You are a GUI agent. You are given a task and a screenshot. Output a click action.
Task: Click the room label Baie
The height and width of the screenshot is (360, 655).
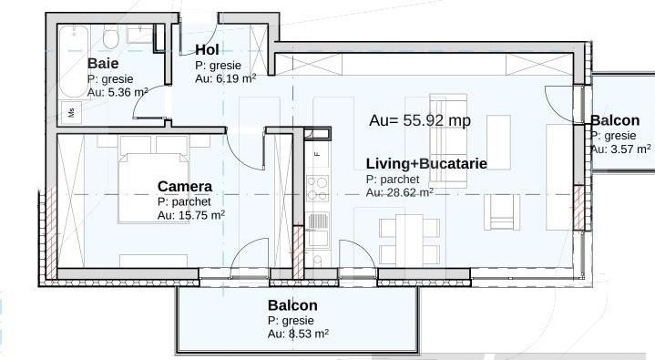pos(103,64)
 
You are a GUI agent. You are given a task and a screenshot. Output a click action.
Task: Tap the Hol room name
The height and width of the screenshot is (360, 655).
pos(207,50)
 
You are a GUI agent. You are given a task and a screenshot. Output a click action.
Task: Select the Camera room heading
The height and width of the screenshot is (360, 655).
pos(185,187)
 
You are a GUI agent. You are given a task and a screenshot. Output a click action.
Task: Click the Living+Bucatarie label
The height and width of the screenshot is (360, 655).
pos(426,163)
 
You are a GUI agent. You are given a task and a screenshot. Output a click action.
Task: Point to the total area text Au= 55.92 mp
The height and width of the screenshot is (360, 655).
pos(420,120)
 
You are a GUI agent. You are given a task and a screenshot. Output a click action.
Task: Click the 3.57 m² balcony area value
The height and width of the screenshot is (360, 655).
pos(630,149)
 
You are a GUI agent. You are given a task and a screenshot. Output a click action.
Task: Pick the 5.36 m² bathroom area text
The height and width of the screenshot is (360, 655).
pos(128,92)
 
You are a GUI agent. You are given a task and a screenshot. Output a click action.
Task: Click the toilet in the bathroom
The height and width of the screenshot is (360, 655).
pos(111,37)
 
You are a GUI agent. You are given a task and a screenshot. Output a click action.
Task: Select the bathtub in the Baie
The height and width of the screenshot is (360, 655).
pos(74,61)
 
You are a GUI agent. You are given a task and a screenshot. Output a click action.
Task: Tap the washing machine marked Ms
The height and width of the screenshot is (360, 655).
pos(71,112)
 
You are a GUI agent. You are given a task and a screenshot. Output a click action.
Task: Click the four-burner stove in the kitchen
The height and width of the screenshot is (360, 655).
pos(317,189)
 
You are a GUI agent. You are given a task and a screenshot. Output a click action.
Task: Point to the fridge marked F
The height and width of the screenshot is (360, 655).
pos(317,154)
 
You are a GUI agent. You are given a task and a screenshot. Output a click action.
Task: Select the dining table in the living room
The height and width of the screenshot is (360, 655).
pos(409,239)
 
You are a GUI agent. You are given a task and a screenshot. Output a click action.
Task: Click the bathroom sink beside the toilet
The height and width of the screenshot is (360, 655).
pos(139,35)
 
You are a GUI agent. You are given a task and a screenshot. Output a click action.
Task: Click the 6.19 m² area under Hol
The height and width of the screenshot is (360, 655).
pos(236,78)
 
